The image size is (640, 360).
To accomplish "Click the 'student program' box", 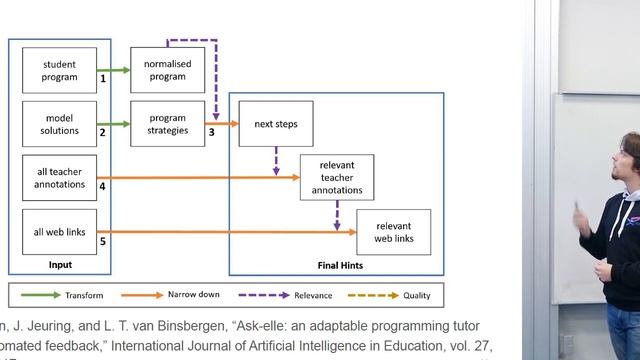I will click(x=59, y=70).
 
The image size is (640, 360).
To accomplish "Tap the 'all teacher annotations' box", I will click(x=59, y=177).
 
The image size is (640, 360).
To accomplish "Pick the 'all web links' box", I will click(x=59, y=232).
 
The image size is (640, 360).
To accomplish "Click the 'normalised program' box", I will click(x=167, y=70).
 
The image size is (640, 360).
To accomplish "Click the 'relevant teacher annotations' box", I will click(x=344, y=177).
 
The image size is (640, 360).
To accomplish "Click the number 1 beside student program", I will click(x=103, y=77).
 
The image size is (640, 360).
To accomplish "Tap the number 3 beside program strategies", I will click(x=211, y=131).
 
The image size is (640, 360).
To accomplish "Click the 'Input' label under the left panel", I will click(x=60, y=265).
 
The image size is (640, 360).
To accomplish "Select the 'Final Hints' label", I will click(x=339, y=266).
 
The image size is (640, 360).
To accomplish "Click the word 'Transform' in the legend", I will click(x=84, y=296).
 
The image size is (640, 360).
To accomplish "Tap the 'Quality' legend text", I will click(x=417, y=296).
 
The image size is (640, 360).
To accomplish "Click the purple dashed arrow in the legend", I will click(x=264, y=296).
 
